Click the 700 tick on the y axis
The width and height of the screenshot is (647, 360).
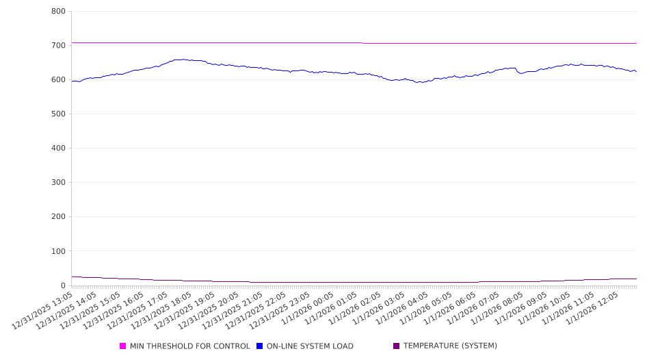tap(58, 46)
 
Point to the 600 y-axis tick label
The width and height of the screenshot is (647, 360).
tap(58, 80)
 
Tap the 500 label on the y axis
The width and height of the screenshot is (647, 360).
tap(58, 114)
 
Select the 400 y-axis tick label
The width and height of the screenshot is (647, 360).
tap(58, 149)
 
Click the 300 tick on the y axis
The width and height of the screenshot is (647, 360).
tap(58, 183)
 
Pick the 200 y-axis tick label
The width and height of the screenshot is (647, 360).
tap(58, 217)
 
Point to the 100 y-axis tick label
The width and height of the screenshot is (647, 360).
tap(58, 251)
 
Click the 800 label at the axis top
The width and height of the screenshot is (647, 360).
tap(58, 12)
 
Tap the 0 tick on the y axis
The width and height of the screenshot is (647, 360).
tap(63, 285)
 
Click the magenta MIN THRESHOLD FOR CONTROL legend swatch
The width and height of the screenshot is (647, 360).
tap(123, 346)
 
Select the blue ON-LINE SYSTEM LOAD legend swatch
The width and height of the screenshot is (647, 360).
tap(260, 346)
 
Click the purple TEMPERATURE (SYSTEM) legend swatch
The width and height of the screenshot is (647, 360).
tap(396, 346)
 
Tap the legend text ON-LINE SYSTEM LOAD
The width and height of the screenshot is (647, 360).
tap(310, 346)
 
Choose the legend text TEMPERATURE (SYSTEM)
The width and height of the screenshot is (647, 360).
tap(450, 346)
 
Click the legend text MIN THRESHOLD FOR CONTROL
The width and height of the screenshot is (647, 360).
tap(189, 346)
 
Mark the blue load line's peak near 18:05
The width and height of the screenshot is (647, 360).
tap(183, 60)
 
